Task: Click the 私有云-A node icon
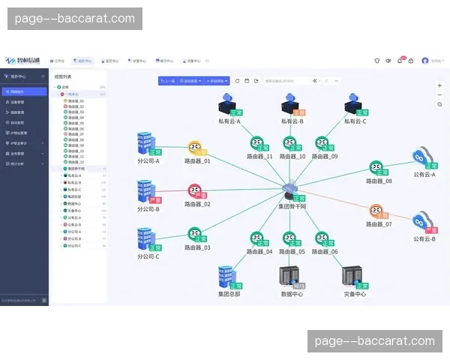(x=227, y=103)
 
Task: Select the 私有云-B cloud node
(x=291, y=103)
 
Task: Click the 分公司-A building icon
(x=145, y=144)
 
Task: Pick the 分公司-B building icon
(x=145, y=192)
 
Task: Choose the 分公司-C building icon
(x=145, y=239)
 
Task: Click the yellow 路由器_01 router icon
(x=196, y=147)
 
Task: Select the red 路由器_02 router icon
(x=195, y=190)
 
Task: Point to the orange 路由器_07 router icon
(x=377, y=211)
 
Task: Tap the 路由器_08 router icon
(x=377, y=168)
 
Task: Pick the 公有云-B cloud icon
(x=423, y=223)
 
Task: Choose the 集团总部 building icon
(x=227, y=276)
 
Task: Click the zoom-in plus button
(x=439, y=85)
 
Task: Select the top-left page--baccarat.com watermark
(x=75, y=19)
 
